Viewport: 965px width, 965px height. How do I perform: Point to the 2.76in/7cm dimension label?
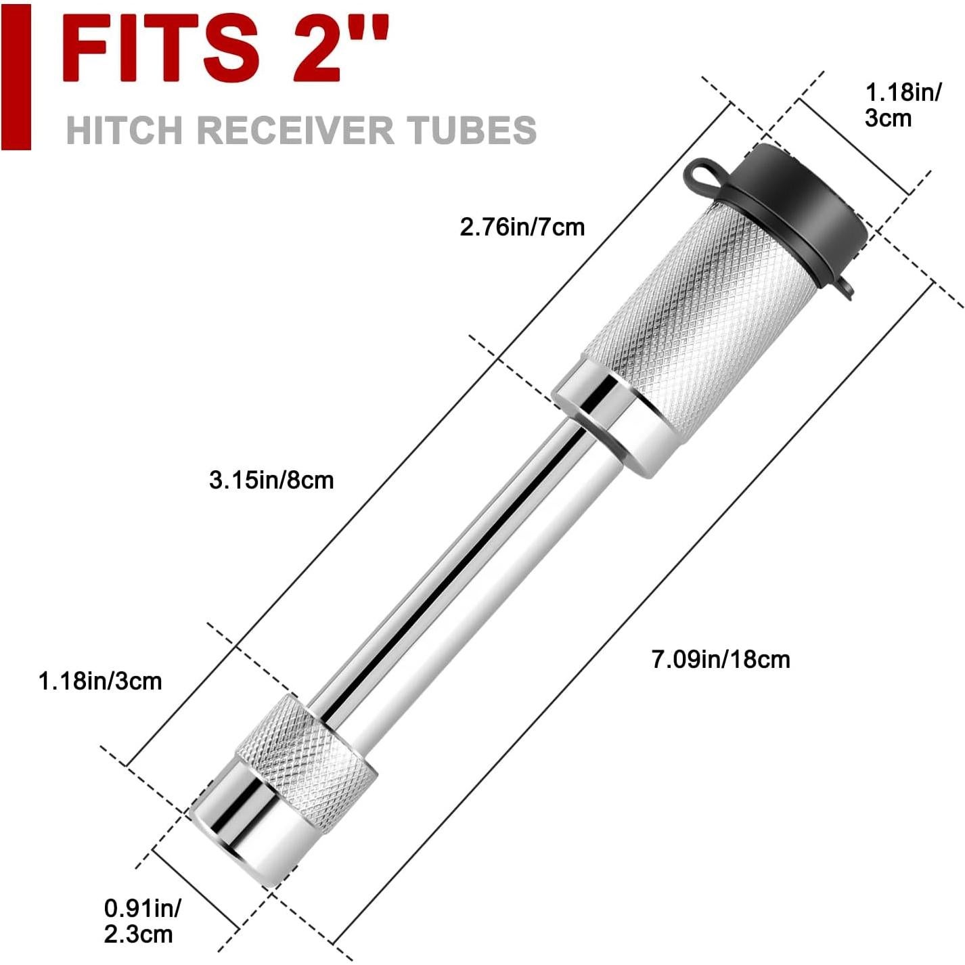[522, 227]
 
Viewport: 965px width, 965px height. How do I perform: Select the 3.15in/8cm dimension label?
[271, 480]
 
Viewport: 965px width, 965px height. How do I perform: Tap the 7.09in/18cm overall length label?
[721, 658]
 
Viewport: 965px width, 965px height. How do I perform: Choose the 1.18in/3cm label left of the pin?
[100, 681]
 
